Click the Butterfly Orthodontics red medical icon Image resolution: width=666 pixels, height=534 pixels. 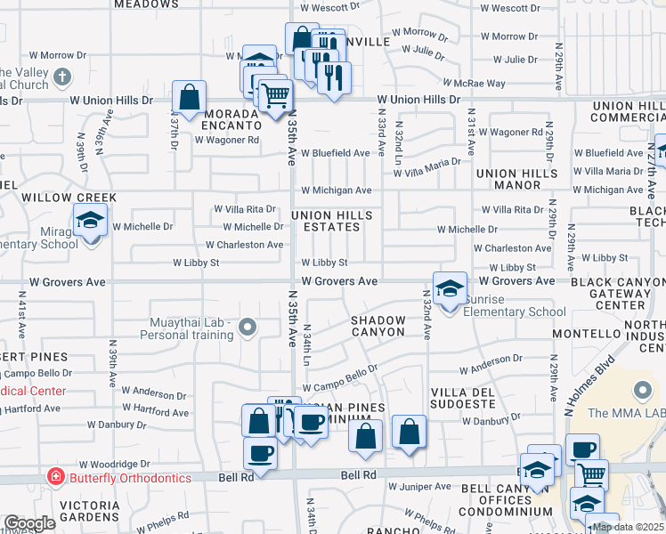coord(55,478)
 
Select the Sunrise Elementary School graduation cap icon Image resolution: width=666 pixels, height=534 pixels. coord(451,289)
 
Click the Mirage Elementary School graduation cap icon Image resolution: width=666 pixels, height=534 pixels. coord(90,220)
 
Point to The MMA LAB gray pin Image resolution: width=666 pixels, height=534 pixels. coord(641,391)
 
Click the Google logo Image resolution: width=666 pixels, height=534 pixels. coord(29,523)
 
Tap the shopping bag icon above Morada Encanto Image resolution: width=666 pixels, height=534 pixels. coord(190,98)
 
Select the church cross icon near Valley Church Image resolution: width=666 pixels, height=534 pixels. coord(62,77)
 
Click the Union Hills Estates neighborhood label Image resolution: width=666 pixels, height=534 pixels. coord(326,221)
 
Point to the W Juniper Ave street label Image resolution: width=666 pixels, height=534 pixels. coord(419,487)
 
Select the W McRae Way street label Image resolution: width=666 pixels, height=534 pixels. coord(483,84)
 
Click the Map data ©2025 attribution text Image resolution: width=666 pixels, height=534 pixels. coord(629,527)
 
